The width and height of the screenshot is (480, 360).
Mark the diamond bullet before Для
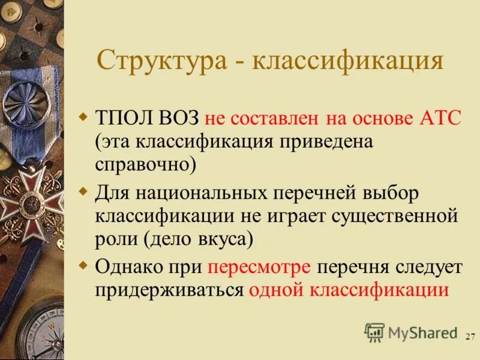coord(83,191)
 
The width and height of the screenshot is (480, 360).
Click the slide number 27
coord(470,337)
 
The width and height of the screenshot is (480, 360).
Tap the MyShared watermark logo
coord(410,332)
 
